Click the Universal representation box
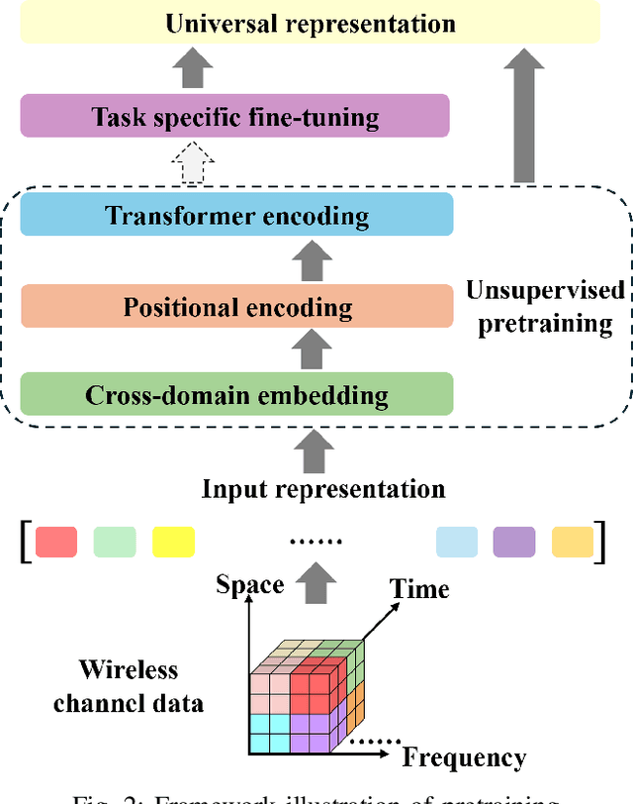coord(311,23)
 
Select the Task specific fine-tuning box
coord(235,117)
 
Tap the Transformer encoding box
coord(236,215)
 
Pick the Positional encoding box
coord(236,306)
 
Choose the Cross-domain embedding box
coord(236,395)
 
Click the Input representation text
coord(323,488)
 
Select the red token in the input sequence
coord(56,542)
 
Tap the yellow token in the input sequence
coord(173,542)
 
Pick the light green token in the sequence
coord(115,542)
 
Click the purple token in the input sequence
coord(514,542)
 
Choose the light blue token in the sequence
coord(456,542)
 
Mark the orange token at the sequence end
coord(573,542)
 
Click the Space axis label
coord(250,584)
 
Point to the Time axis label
coord(418,589)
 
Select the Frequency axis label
coord(463,757)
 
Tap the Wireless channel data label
coord(129,686)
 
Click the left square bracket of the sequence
coord(24,543)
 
